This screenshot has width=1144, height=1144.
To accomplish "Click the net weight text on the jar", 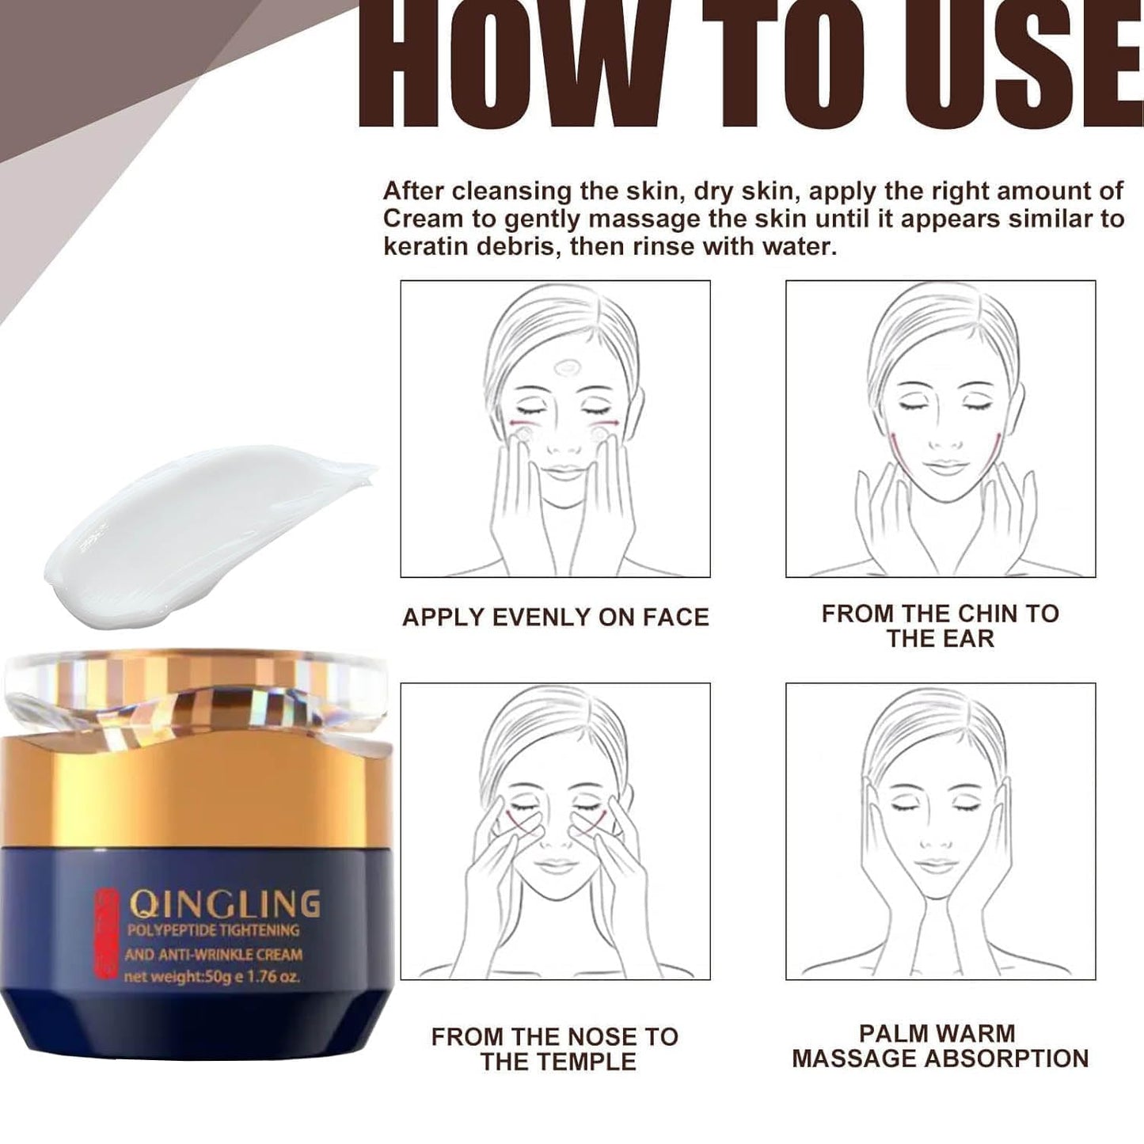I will pyautogui.click(x=211, y=977).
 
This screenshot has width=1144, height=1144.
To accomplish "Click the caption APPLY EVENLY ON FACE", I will pyautogui.click(x=555, y=618).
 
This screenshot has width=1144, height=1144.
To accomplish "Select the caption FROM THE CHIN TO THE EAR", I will pyautogui.click(x=940, y=625).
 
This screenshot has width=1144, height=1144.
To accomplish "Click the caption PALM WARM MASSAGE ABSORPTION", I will pyautogui.click(x=940, y=1046).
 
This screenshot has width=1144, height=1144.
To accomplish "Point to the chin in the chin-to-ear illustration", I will pyautogui.click(x=941, y=494).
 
